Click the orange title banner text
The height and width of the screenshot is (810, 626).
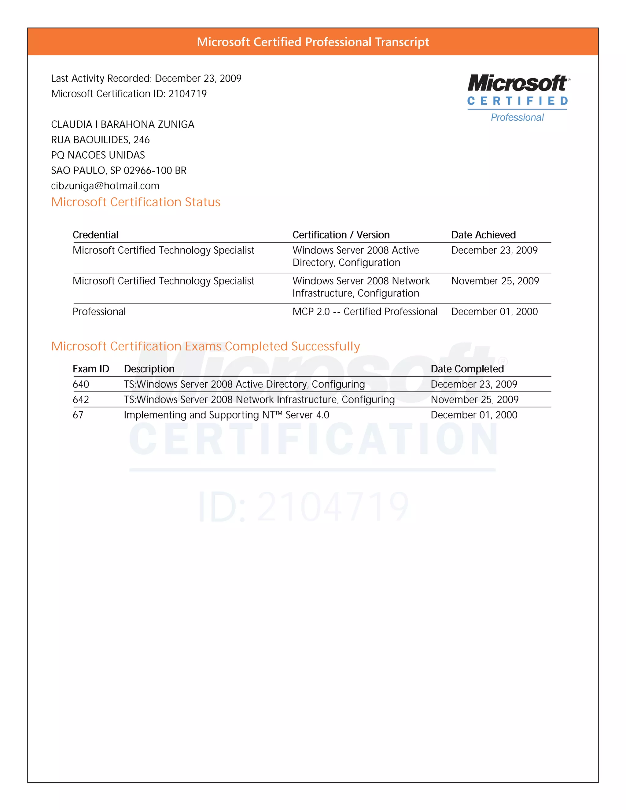[313, 42]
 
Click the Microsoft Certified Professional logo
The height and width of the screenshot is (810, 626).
[518, 98]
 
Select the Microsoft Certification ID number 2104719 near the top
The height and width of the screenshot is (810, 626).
[187, 94]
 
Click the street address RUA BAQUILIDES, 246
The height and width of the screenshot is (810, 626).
[100, 140]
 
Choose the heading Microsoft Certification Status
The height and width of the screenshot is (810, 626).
[135, 202]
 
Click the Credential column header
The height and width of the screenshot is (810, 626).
[95, 235]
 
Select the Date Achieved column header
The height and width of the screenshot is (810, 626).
[483, 235]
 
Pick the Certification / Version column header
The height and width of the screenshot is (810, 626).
[341, 235]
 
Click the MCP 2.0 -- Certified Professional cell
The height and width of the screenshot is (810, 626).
[365, 311]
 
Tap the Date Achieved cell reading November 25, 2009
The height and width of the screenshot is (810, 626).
[495, 281]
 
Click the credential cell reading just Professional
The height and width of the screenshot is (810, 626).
[99, 311]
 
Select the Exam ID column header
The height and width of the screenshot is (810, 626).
[91, 369]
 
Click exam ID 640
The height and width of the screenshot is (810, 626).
[81, 384]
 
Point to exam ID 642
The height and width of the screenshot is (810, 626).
[81, 400]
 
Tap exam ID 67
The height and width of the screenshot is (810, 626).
[78, 415]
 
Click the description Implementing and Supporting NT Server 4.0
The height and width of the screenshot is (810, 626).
[226, 415]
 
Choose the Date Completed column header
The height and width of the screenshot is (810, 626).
[467, 369]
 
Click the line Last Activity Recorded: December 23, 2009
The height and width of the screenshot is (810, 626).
[146, 79]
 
